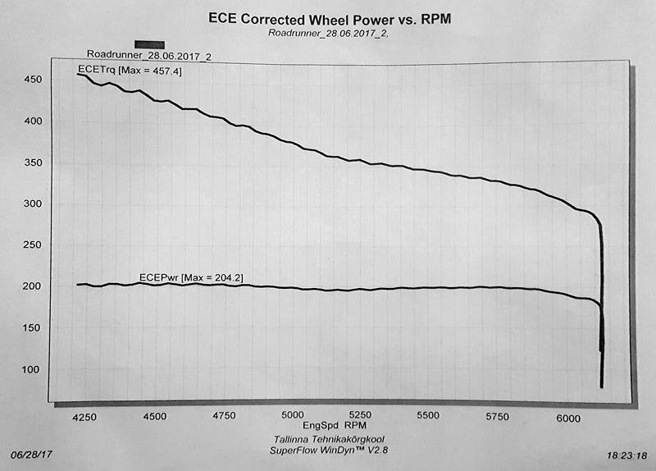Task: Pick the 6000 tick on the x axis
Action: [x=568, y=416]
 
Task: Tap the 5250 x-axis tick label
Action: [x=362, y=416]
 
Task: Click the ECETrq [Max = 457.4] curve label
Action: [x=130, y=71]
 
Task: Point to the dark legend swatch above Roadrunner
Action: [x=149, y=45]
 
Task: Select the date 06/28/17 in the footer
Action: [x=31, y=454]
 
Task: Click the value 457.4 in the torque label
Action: [x=167, y=71]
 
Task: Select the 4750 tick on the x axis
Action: [x=224, y=416]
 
